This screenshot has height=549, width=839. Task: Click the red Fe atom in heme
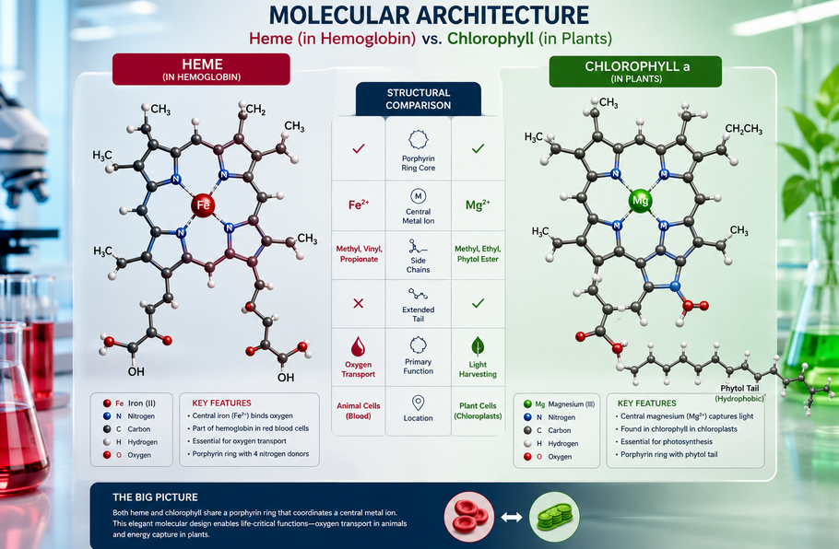point(203,204)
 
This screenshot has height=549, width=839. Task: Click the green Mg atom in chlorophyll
point(640,201)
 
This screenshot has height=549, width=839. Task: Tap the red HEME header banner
point(201,69)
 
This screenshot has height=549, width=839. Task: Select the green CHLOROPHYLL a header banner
point(635,72)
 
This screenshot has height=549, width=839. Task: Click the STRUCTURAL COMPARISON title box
point(419,99)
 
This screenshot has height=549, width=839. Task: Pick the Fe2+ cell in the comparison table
point(359,204)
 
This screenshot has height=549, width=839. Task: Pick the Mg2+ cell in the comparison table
point(478,204)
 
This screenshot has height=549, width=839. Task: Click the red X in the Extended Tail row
point(359,303)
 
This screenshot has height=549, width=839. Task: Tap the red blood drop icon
point(358,346)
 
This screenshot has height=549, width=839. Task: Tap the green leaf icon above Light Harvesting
point(478,346)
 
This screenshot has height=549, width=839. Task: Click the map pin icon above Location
point(419,403)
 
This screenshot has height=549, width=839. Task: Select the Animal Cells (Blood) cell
point(359,411)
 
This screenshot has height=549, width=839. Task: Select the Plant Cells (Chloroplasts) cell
point(478,411)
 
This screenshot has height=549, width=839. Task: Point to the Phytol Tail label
point(739,388)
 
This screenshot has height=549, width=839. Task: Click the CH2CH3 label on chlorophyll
point(744,129)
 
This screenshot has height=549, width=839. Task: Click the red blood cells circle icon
point(469,517)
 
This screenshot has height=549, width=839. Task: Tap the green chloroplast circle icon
point(554,517)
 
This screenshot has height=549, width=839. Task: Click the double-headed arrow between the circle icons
point(512,518)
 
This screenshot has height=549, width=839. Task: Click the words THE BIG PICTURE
point(155,497)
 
